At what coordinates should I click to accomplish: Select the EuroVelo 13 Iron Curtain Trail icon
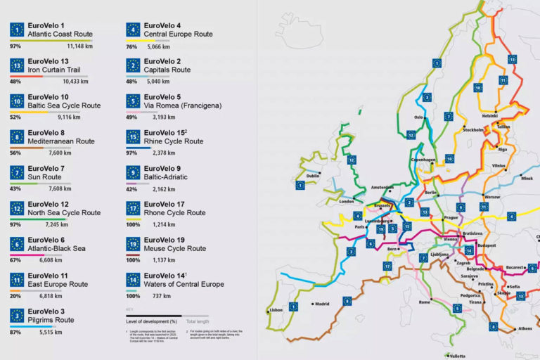click(17, 65)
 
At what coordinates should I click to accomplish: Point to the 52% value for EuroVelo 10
click(14, 117)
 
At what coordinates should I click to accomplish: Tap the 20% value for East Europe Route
click(14, 296)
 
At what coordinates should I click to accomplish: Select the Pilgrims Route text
click(54, 320)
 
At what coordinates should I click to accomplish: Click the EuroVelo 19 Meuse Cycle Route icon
click(132, 243)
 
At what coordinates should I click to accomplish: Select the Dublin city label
click(313, 176)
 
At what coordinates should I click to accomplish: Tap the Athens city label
click(523, 327)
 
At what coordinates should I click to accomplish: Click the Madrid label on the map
click(321, 304)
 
